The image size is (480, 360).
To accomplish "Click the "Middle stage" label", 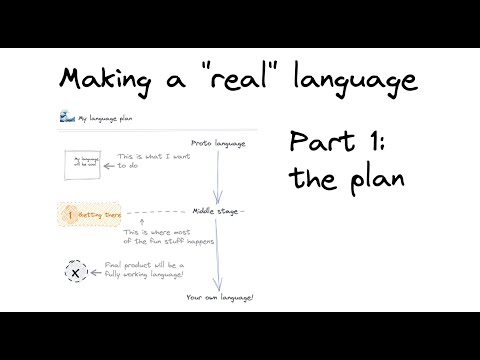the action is (x=217, y=212).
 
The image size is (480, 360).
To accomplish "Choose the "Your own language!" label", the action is (x=221, y=297).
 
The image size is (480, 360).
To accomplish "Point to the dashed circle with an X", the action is (x=74, y=269).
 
